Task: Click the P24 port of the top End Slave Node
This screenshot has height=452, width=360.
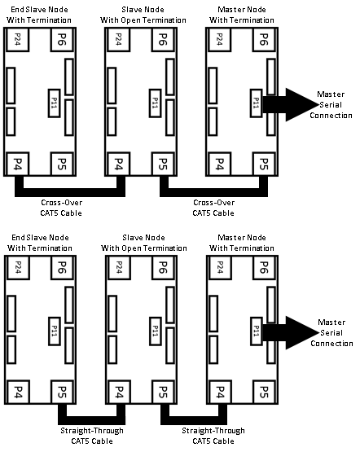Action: (x=17, y=39)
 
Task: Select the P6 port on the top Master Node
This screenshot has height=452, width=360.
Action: (x=264, y=39)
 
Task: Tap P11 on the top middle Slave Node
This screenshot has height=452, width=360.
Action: (x=155, y=103)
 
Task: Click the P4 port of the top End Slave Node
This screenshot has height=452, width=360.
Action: (x=17, y=164)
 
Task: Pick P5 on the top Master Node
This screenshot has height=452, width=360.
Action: (x=264, y=164)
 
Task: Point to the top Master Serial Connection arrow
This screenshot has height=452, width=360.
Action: (x=290, y=104)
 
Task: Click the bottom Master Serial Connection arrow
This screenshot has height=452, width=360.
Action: (x=290, y=332)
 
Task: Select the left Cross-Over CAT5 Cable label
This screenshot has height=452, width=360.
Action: (x=61, y=208)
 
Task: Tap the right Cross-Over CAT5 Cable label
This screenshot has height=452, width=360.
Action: (x=213, y=208)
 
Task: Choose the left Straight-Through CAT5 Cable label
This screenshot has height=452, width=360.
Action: (x=92, y=436)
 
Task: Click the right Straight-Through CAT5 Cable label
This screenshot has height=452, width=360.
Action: (x=213, y=436)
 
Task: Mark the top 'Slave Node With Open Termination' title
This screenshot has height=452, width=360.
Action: (x=143, y=15)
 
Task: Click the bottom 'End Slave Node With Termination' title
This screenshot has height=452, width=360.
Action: (x=40, y=243)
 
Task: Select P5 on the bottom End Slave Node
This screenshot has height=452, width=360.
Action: (x=62, y=392)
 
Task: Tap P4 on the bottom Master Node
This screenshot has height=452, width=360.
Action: (x=220, y=392)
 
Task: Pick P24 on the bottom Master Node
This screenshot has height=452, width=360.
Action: (x=220, y=267)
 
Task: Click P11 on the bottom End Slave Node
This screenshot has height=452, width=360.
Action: (x=55, y=331)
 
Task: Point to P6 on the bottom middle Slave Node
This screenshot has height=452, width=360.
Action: (x=163, y=267)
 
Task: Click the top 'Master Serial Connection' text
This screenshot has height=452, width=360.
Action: (x=331, y=104)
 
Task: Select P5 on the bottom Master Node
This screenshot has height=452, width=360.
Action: (x=264, y=392)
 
